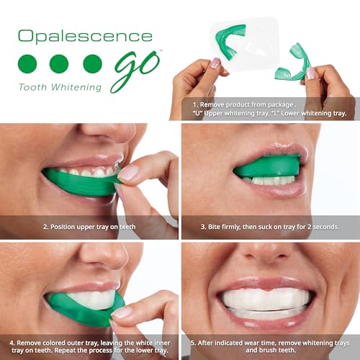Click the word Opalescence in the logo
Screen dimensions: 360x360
tap(86, 36)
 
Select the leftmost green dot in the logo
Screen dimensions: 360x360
tap(27, 63)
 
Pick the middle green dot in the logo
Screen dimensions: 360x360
tap(59, 63)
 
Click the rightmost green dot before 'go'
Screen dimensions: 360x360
tap(92, 63)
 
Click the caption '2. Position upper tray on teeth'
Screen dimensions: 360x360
tap(89, 225)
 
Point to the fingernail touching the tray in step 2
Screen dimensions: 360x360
tap(129, 174)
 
